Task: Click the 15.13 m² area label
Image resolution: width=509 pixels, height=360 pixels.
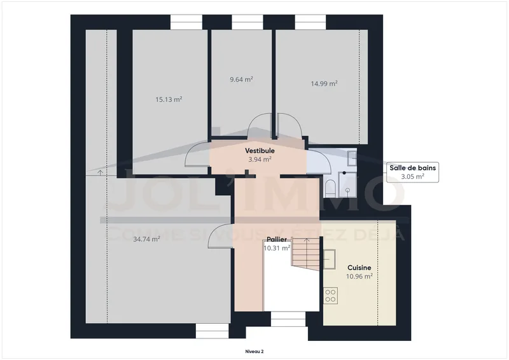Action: (169, 99)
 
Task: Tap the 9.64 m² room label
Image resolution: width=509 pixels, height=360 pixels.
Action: (241, 80)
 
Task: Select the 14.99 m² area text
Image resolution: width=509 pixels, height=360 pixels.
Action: (324, 83)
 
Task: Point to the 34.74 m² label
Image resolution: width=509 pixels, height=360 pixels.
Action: (146, 239)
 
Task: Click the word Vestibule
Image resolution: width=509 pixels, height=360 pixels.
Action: (260, 151)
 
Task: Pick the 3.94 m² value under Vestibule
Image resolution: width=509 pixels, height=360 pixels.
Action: (260, 160)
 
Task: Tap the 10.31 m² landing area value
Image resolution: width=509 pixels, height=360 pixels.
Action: (277, 248)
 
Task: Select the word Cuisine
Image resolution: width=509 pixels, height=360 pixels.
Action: (359, 268)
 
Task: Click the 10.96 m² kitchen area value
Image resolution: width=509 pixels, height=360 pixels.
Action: (359, 277)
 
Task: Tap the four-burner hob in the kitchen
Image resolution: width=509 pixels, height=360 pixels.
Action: (331, 295)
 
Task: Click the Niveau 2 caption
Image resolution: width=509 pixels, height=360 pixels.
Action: (254, 351)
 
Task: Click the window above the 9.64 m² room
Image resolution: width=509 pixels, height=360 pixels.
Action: (248, 22)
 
